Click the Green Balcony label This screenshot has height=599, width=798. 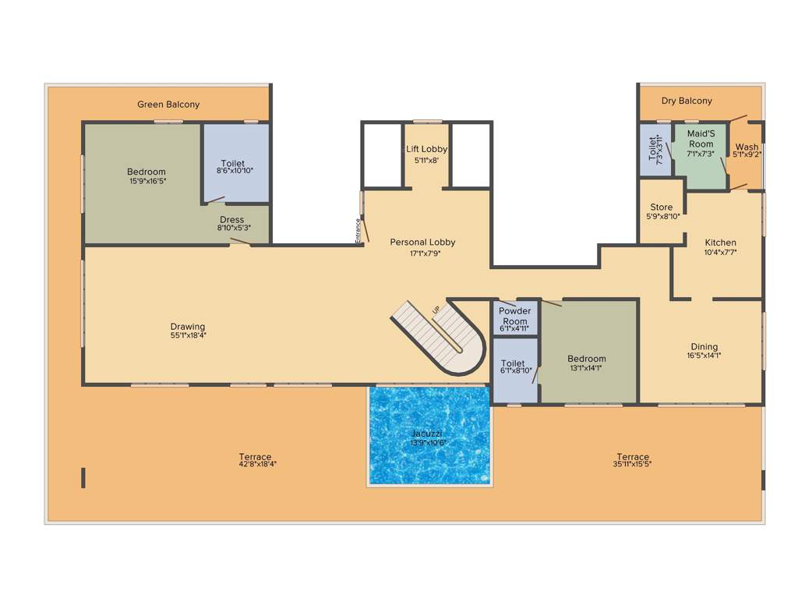pyautogui.click(x=168, y=105)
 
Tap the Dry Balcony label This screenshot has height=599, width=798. pyautogui.click(x=687, y=101)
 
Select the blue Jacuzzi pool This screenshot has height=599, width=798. pyautogui.click(x=429, y=435)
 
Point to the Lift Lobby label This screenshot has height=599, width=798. pyautogui.click(x=426, y=149)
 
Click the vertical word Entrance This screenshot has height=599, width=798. pyautogui.click(x=358, y=231)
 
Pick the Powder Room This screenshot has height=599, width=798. pyautogui.click(x=514, y=316)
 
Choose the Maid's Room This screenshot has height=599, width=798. pyautogui.click(x=701, y=144)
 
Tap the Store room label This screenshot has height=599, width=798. pyautogui.click(x=662, y=207)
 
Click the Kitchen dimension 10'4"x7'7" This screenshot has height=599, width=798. pyautogui.click(x=720, y=252)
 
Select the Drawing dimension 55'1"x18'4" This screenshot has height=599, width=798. pyautogui.click(x=188, y=335)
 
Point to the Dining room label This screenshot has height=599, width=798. pyautogui.click(x=704, y=347)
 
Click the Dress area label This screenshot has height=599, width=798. pyautogui.click(x=231, y=220)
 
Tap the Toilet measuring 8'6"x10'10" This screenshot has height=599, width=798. pyautogui.click(x=232, y=164)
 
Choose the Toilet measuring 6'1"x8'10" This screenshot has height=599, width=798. pyautogui.click(x=513, y=363)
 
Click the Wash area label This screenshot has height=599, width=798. pyautogui.click(x=747, y=147)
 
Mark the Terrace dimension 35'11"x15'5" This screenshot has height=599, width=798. pyautogui.click(x=633, y=463)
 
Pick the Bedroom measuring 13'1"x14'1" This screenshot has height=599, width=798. pyautogui.click(x=586, y=359)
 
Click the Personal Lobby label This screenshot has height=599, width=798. pyautogui.click(x=422, y=243)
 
